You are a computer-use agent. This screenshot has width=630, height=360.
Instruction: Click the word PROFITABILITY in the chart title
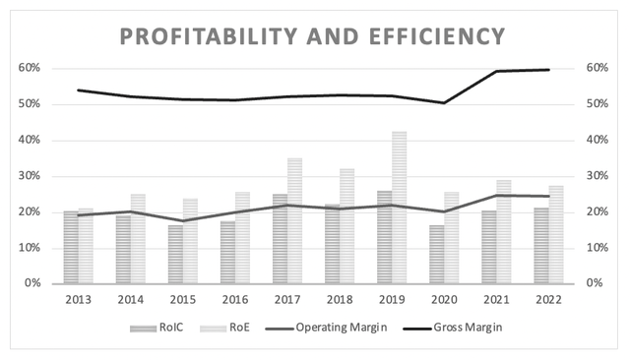pos(205,36)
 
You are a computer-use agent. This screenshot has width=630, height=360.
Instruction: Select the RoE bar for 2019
pos(399,208)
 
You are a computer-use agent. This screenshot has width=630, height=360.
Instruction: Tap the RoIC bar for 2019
pos(384,237)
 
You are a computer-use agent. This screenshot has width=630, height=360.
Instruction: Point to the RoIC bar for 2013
pos(71,247)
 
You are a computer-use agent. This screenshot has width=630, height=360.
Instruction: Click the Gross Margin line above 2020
pos(444,102)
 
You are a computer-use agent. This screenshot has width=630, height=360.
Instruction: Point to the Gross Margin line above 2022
pos(548,70)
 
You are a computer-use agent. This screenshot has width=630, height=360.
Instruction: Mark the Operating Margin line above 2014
pos(131,211)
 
